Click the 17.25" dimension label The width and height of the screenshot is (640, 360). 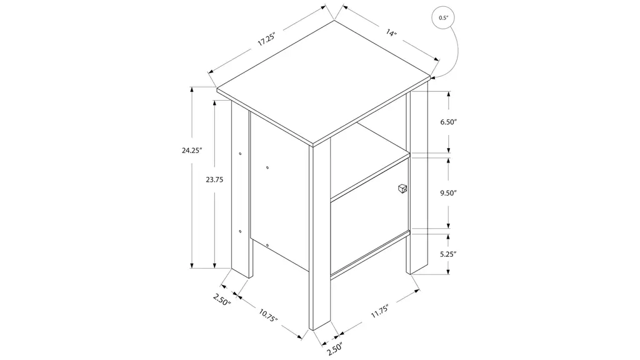267,39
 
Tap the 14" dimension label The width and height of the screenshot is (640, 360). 391,32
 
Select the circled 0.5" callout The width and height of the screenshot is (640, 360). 443,18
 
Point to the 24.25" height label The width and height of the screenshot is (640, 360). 192,150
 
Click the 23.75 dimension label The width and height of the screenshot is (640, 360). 214,179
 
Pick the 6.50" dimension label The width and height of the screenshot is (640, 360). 448,122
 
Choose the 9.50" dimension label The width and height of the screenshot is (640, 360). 448,193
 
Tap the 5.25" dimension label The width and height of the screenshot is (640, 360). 448,254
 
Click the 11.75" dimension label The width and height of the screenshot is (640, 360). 379,311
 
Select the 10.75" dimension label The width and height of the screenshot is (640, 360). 268,315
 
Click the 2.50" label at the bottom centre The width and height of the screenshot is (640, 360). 334,348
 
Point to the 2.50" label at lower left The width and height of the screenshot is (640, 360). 222,299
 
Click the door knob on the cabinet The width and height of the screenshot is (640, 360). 402,189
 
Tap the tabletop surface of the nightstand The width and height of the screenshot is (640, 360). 323,82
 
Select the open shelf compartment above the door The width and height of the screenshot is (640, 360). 369,161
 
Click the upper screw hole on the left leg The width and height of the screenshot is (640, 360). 240,154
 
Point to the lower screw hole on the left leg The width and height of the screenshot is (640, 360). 240,231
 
